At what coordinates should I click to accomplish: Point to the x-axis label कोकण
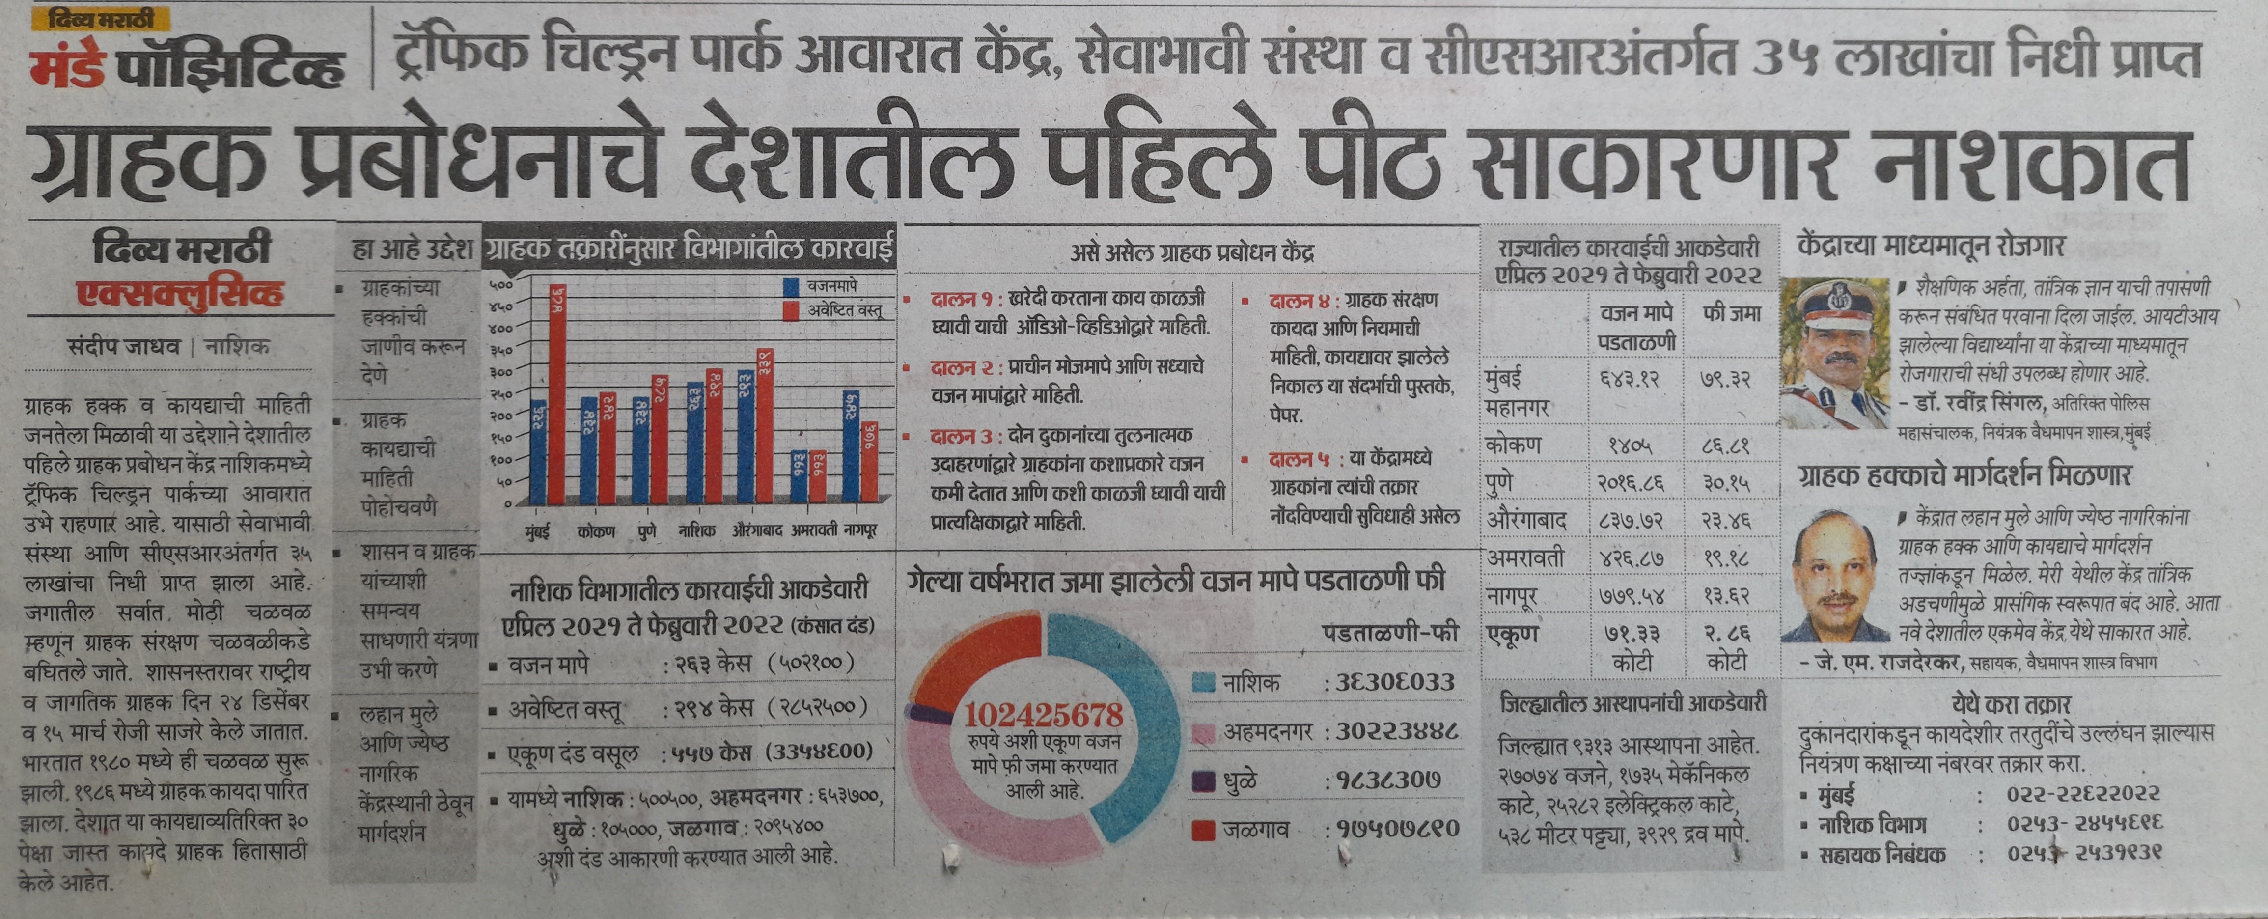tap(596, 531)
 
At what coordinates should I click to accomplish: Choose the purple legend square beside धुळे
tap(1204, 780)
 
